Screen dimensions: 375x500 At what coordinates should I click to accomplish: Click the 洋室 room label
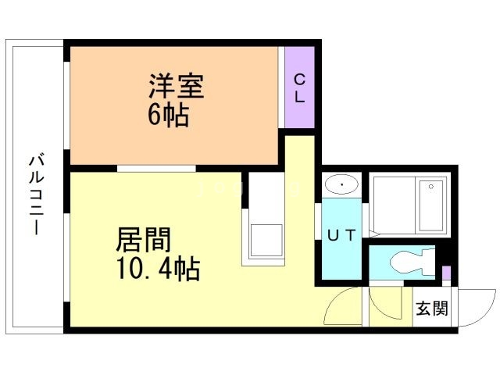coord(176,86)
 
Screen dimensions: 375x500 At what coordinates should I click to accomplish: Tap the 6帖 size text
coord(167,116)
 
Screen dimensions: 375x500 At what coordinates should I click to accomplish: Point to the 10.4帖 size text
coord(157,270)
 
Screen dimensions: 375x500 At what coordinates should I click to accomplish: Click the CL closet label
coord(299,87)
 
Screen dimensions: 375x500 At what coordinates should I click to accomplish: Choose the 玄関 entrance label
coord(431,309)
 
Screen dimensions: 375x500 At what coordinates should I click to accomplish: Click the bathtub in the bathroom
coord(409,205)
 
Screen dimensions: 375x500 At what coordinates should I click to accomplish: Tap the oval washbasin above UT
coord(341,185)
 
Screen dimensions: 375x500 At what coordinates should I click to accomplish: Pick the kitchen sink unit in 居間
coord(266,238)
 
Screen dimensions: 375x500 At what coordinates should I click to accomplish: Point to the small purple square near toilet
coord(446,273)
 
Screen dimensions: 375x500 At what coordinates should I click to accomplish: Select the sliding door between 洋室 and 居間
coord(156,168)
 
